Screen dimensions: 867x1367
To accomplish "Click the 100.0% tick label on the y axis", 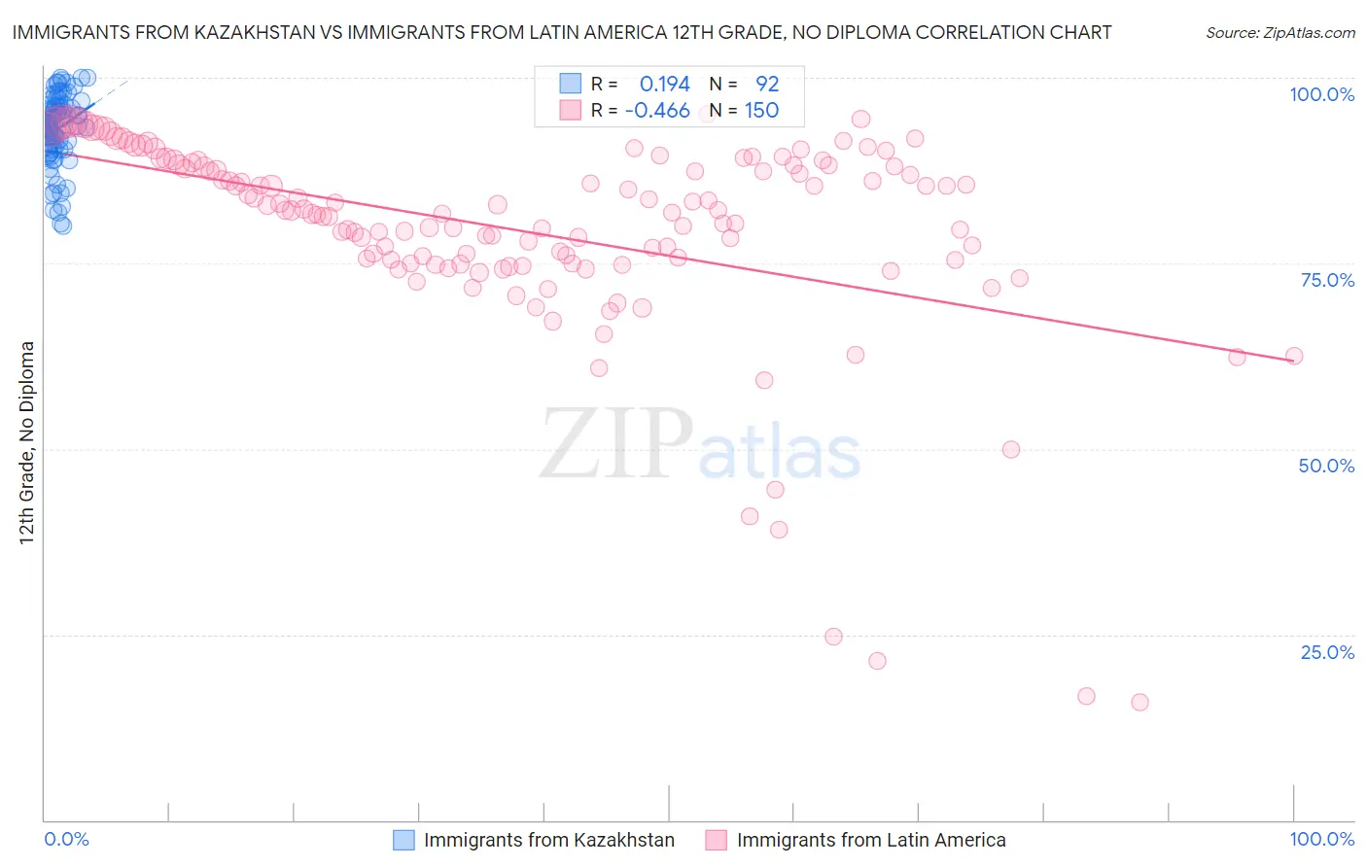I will pyautogui.click(x=1321, y=94).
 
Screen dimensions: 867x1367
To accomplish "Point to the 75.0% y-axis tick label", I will pyautogui.click(x=1327, y=280).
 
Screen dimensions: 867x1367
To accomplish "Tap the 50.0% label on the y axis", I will pyautogui.click(x=1326, y=466).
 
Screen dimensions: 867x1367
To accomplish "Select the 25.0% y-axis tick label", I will pyautogui.click(x=1327, y=652).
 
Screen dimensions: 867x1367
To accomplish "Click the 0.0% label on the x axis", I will pyautogui.click(x=67, y=839).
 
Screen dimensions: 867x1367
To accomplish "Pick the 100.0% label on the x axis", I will pyautogui.click(x=1321, y=839).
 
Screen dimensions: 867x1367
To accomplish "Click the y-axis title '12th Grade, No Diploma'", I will pyautogui.click(x=27, y=442).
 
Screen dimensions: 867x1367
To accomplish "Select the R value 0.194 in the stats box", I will pyautogui.click(x=664, y=84).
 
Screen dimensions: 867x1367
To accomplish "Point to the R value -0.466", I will pyautogui.click(x=657, y=110).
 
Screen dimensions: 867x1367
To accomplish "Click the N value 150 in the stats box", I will pyautogui.click(x=761, y=110).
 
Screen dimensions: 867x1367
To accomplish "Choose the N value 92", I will pyautogui.click(x=767, y=84).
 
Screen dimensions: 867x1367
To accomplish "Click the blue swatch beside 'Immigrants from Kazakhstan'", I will pyautogui.click(x=403, y=840).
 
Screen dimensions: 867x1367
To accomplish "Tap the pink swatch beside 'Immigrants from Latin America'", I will pyautogui.click(x=717, y=840).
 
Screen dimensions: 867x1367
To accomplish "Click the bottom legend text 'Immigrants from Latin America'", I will pyautogui.click(x=871, y=840).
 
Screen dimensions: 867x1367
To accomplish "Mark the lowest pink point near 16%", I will pyautogui.click(x=1139, y=702).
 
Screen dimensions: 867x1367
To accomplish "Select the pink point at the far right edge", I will pyautogui.click(x=1294, y=356).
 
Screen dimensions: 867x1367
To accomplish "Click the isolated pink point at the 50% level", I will pyautogui.click(x=1011, y=449).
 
